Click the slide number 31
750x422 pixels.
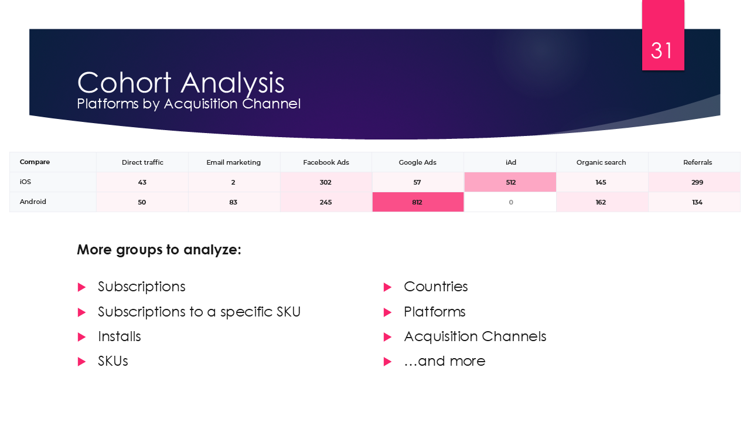pos(662,51)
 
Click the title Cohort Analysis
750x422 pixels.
pos(180,83)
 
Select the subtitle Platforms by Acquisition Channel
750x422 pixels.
pos(189,104)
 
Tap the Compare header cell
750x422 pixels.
pos(35,162)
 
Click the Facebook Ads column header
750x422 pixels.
pos(326,162)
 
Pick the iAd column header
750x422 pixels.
pos(510,162)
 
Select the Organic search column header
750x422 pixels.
pos(601,162)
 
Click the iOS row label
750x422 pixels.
pos(25,182)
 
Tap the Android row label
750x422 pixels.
pos(33,202)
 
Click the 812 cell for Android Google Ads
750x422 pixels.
pos(417,202)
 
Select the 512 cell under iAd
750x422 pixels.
pos(510,182)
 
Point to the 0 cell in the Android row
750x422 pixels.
pos(510,202)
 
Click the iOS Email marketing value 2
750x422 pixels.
pos(233,182)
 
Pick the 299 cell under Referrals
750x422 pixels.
pos(697,182)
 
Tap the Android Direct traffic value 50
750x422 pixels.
pos(142,202)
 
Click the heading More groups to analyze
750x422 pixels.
pos(159,250)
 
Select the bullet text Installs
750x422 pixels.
pos(120,336)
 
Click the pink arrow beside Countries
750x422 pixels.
pos(387,287)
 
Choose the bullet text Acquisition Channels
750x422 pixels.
pos(475,336)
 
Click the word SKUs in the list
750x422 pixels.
pos(113,361)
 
